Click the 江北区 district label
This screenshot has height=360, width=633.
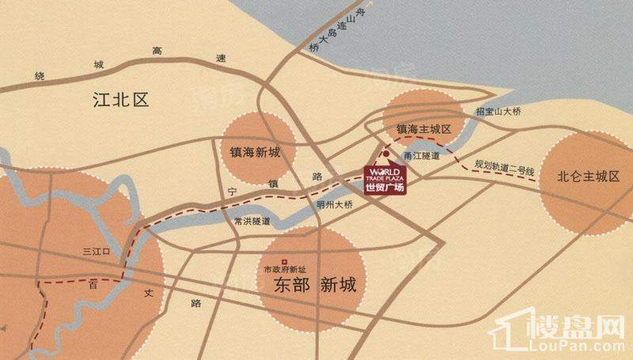click(x=120, y=100)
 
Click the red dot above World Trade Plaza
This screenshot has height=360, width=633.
click(x=384, y=153)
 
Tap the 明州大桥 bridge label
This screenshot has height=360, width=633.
click(x=333, y=204)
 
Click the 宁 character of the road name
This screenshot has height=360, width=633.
click(x=232, y=191)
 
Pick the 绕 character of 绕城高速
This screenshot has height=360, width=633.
click(x=40, y=76)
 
